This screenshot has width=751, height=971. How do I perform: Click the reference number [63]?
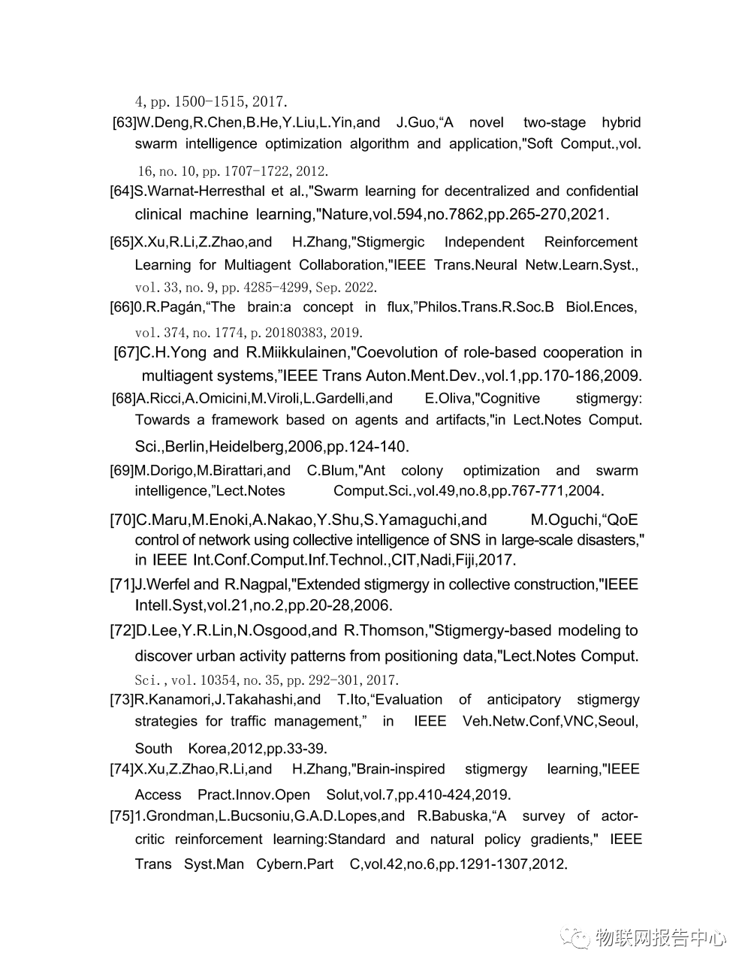point(124,122)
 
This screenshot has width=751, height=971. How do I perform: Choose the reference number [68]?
point(124,398)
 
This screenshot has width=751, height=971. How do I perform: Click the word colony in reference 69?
point(422,470)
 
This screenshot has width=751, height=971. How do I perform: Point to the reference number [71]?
point(122,584)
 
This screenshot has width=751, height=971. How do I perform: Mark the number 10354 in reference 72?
point(218,680)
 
